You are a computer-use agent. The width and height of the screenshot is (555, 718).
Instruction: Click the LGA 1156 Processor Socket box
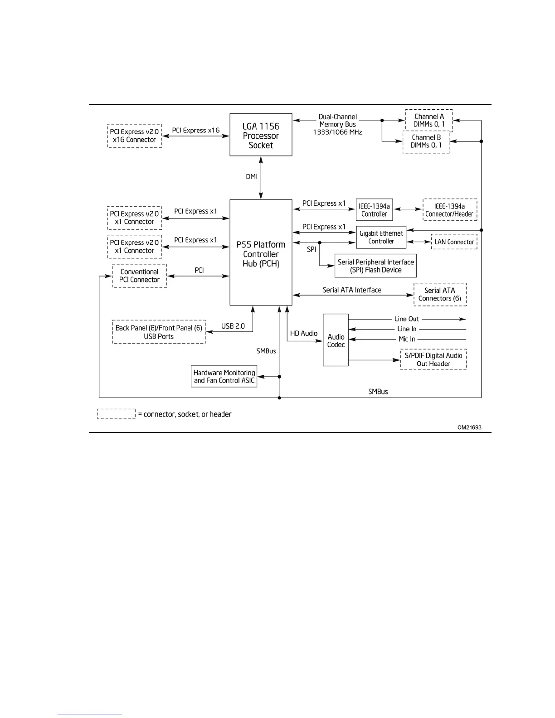pyautogui.click(x=261, y=135)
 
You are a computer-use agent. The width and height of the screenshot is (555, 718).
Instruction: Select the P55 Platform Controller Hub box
pyautogui.click(x=261, y=252)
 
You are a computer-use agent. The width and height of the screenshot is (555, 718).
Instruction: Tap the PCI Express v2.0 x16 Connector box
pyautogui.click(x=134, y=136)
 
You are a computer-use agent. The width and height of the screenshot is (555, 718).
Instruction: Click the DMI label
pyautogui.click(x=251, y=176)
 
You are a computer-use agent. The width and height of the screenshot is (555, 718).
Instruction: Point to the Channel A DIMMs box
pyautogui.click(x=428, y=120)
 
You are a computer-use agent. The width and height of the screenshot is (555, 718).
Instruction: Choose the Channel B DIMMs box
pyautogui.click(x=426, y=141)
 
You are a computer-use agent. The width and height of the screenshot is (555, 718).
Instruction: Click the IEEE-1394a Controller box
pyautogui.click(x=374, y=210)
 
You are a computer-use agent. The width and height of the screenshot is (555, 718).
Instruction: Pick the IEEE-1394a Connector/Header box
pyautogui.click(x=449, y=210)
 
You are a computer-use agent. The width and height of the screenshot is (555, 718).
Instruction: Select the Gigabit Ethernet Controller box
pyautogui.click(x=381, y=237)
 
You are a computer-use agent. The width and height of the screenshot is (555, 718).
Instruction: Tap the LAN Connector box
pyautogui.click(x=454, y=242)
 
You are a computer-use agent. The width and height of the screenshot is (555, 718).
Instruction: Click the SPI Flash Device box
pyautogui.click(x=375, y=266)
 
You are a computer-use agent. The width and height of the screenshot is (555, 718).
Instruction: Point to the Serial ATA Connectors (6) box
pyautogui.click(x=440, y=294)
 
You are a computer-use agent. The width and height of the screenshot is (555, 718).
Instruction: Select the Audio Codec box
pyautogui.click(x=336, y=340)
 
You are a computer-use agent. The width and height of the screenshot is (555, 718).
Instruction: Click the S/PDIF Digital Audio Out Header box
pyautogui.click(x=433, y=359)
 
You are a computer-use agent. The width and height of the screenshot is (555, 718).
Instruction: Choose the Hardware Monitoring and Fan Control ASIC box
pyautogui.click(x=224, y=376)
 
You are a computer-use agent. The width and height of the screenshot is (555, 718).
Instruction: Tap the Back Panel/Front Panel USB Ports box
pyautogui.click(x=159, y=332)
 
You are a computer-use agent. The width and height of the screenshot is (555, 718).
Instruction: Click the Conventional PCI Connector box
pyautogui.click(x=139, y=276)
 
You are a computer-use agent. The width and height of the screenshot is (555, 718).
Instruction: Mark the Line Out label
pyautogui.click(x=406, y=319)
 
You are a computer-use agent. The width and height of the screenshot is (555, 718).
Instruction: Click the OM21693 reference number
pyautogui.click(x=469, y=427)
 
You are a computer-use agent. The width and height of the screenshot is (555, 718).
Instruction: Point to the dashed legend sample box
pyautogui.click(x=117, y=414)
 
